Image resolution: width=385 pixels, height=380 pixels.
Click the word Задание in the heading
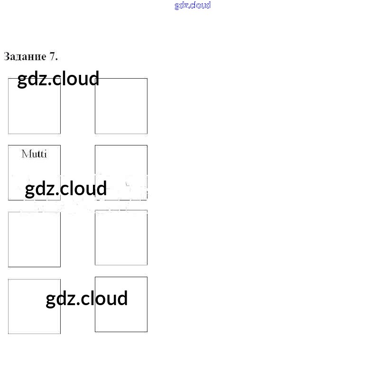point(25,57)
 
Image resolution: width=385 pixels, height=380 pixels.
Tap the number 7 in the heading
point(53,57)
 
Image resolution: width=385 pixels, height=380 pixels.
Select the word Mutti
point(34,154)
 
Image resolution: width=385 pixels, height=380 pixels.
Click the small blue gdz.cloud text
point(192,6)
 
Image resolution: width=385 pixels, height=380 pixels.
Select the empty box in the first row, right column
point(121,106)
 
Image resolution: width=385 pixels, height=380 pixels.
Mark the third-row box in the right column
point(121,237)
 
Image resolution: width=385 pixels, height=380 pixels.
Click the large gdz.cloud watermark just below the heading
point(58,79)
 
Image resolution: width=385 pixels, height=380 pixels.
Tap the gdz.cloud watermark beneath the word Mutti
point(66,189)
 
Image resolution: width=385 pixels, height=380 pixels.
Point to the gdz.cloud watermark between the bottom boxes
point(87,299)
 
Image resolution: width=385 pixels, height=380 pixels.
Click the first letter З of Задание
point(7,57)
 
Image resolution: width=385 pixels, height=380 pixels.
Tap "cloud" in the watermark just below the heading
point(77,79)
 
